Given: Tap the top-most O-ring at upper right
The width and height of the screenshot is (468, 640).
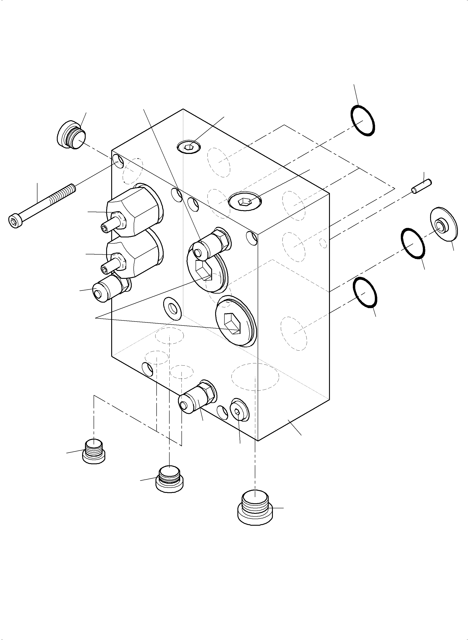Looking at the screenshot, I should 363,121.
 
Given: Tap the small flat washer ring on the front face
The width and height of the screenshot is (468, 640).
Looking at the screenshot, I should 172,307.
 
